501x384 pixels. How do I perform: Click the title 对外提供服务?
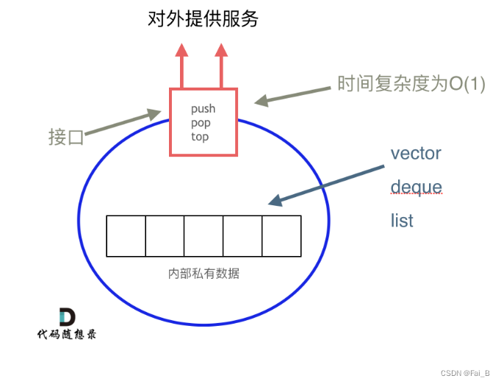tap(202, 19)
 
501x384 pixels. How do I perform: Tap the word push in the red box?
tap(203, 109)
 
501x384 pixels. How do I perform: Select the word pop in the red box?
tap(201, 123)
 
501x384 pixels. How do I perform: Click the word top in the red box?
tap(200, 137)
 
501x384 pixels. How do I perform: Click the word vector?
tap(416, 154)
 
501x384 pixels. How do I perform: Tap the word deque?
tap(416, 187)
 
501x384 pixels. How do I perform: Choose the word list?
tap(402, 220)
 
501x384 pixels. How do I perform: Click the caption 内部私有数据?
tap(203, 274)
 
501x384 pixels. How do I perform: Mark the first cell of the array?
tap(126, 235)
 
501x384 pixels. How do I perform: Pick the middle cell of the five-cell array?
tap(203, 235)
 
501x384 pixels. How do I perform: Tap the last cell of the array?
tap(281, 235)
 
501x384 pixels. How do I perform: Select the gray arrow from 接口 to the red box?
tap(122, 124)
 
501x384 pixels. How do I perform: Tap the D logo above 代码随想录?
tap(67, 316)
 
